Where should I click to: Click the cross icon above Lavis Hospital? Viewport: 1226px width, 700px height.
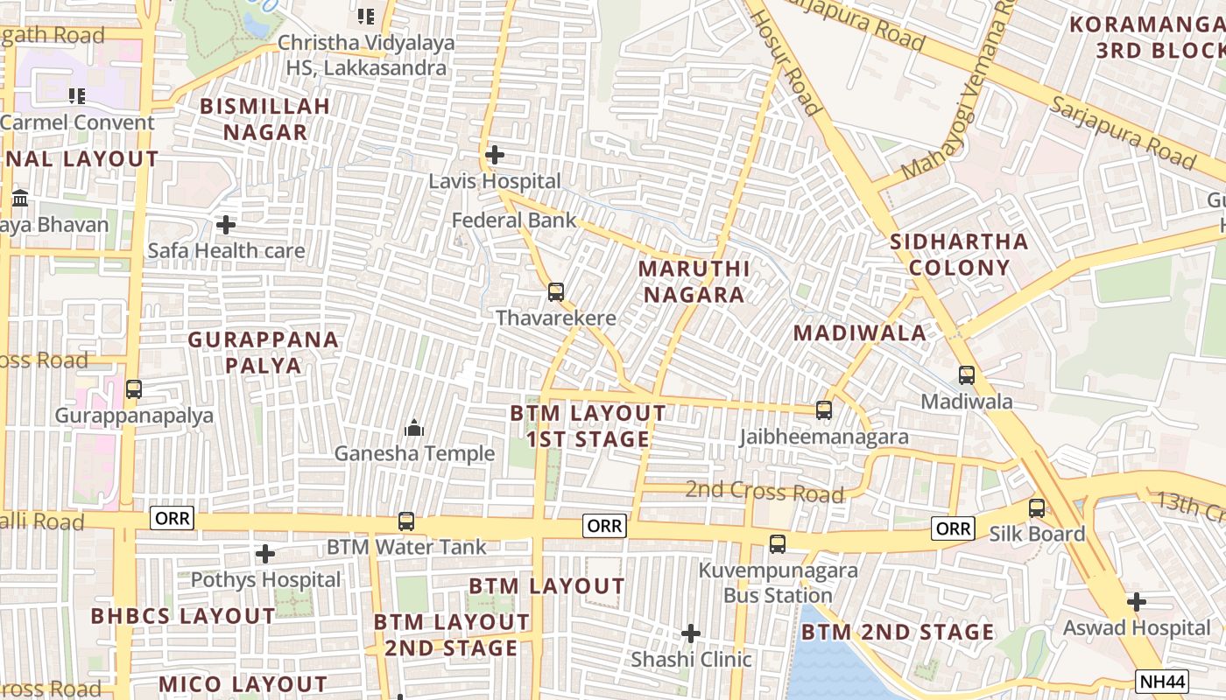[x=494, y=155]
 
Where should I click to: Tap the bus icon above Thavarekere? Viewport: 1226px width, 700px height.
[x=556, y=291]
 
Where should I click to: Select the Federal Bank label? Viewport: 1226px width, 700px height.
[x=514, y=220]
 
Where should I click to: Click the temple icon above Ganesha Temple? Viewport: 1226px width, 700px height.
[x=414, y=428]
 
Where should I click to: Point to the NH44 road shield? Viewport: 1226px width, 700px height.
[x=1162, y=680]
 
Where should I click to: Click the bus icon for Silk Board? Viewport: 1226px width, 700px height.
[x=1037, y=507]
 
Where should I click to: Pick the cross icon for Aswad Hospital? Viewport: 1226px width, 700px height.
[x=1136, y=602]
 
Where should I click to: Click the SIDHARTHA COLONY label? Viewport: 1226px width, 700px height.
[x=959, y=254]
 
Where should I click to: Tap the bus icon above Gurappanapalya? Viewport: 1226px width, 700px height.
[x=134, y=388]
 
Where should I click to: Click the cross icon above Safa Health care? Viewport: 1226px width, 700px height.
[x=226, y=225]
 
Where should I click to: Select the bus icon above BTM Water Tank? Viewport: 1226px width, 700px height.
[x=406, y=521]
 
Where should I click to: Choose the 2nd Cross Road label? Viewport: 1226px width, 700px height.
[x=764, y=492]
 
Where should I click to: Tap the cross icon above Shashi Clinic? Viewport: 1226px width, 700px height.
[x=691, y=633]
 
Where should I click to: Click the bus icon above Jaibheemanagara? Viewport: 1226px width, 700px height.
[x=823, y=409]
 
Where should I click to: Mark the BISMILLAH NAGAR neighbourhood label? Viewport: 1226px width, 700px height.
[x=265, y=119]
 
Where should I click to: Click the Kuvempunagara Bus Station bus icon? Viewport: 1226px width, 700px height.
[x=777, y=544]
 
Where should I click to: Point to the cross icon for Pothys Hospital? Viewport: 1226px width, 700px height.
[x=265, y=554]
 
